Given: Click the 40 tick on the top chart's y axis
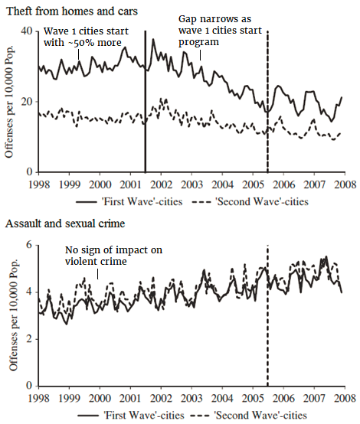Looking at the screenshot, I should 25,31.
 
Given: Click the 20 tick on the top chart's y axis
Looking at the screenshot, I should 25,102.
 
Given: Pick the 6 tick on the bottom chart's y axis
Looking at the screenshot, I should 28,244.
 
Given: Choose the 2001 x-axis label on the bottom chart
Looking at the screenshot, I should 130,399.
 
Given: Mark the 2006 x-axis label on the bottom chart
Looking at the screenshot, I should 282,399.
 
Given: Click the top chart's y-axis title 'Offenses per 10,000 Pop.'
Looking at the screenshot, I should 10,99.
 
